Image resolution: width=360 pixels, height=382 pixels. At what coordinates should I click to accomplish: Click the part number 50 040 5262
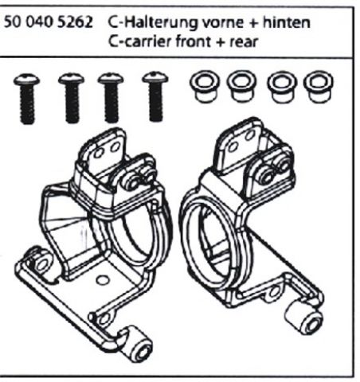(48, 22)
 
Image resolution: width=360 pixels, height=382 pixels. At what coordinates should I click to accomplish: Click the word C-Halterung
(153, 23)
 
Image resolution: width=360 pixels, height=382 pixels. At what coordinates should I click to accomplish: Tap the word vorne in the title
(223, 23)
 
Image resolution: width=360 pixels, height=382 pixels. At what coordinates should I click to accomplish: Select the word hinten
(287, 22)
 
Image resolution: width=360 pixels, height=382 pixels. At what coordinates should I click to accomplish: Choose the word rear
(244, 43)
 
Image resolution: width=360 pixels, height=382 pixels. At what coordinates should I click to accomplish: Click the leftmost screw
(27, 99)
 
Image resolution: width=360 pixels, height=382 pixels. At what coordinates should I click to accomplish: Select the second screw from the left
(71, 98)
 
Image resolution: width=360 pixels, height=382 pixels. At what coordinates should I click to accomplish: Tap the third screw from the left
(111, 98)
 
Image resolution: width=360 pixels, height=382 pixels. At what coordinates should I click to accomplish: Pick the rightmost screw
(155, 96)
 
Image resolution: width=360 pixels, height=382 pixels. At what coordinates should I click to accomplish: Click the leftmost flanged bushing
(204, 87)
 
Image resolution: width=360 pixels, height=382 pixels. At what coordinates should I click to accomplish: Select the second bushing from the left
(241, 87)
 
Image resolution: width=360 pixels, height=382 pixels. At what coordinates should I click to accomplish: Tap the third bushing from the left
(281, 87)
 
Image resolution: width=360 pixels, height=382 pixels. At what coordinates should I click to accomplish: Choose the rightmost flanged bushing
(319, 87)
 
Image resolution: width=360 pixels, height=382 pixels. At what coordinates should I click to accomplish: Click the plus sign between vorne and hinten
(253, 23)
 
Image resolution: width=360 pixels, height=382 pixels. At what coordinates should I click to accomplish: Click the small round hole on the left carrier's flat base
(102, 280)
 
